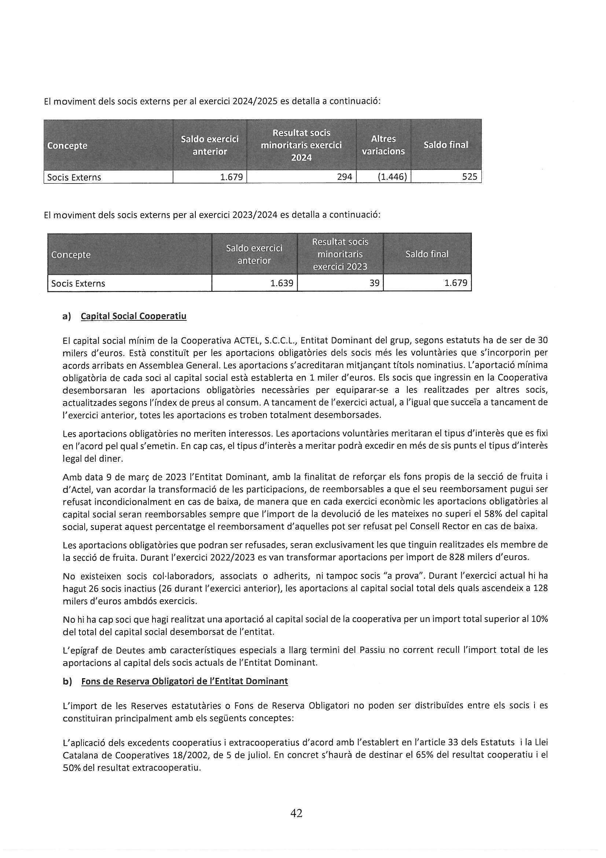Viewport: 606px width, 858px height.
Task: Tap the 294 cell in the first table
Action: coord(344,177)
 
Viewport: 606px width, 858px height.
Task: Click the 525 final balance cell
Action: coord(469,177)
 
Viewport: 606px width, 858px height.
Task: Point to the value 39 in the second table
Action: coord(374,283)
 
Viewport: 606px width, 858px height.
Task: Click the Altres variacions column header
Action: coord(383,145)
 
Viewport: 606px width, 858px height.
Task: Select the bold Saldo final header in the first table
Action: coord(445,145)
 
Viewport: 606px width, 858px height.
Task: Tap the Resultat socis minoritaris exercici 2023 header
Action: coord(340,254)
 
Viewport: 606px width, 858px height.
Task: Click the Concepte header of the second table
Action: coord(71,255)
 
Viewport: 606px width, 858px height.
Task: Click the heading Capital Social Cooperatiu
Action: coord(133,316)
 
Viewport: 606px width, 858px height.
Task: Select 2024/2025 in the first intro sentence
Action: coord(255,101)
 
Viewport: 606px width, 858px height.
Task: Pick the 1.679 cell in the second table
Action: coord(456,283)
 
